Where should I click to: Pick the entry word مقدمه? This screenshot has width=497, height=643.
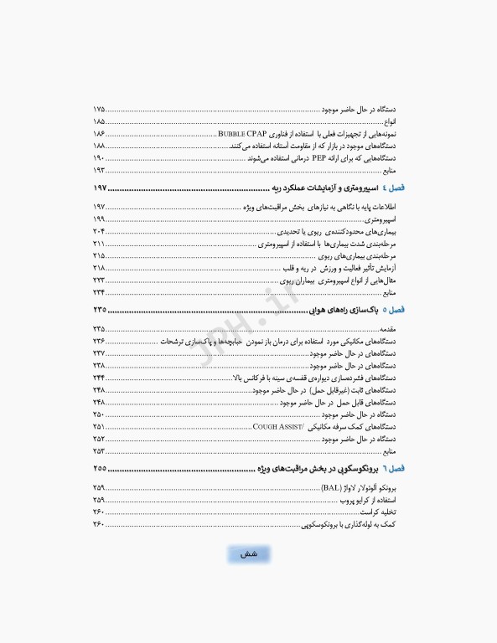click(x=400, y=329)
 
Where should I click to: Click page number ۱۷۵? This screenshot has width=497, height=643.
click(x=99, y=110)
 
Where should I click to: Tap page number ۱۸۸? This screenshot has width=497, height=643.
click(x=99, y=146)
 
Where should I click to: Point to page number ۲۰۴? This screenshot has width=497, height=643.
click(x=99, y=231)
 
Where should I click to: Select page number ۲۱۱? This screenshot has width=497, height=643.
click(x=99, y=243)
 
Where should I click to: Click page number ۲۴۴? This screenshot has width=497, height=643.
click(x=99, y=378)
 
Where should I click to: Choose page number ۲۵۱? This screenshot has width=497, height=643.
click(x=99, y=426)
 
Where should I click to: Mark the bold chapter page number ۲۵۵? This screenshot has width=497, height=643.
click(x=101, y=468)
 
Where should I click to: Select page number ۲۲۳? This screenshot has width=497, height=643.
click(x=99, y=280)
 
